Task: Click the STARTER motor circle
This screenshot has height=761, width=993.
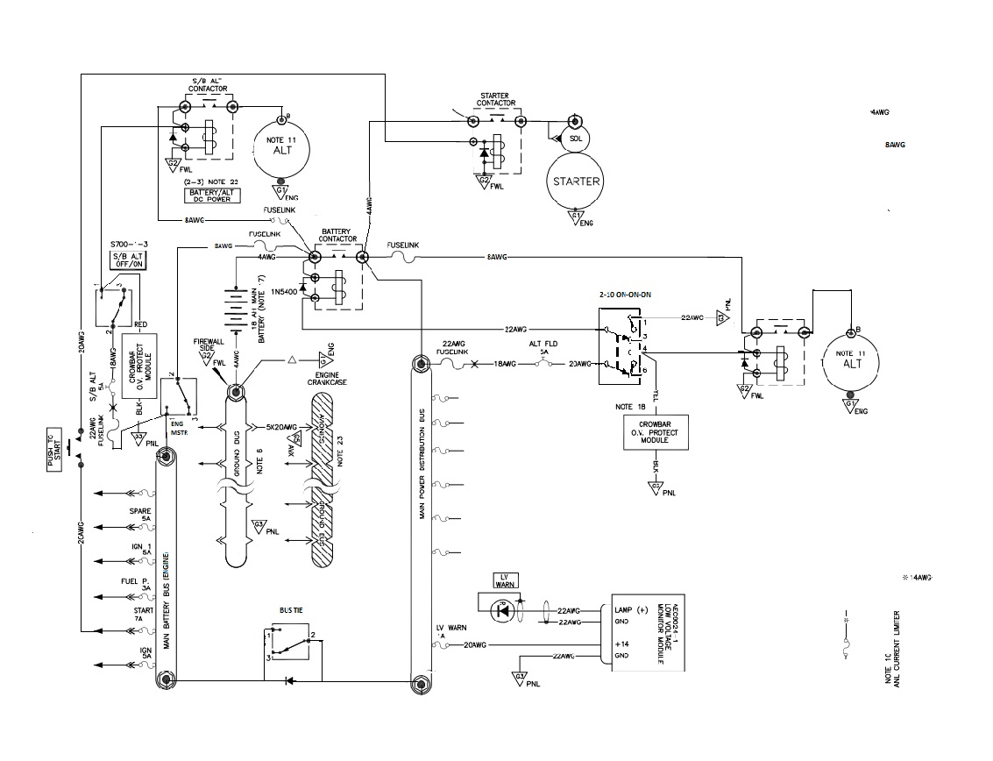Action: click(x=575, y=181)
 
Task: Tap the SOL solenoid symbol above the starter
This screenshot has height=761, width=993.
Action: click(x=575, y=139)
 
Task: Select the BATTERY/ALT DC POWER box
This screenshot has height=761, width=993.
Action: click(x=210, y=195)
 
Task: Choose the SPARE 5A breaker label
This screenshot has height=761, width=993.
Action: click(x=141, y=514)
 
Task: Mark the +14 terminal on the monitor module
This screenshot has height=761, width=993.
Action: click(x=622, y=644)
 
